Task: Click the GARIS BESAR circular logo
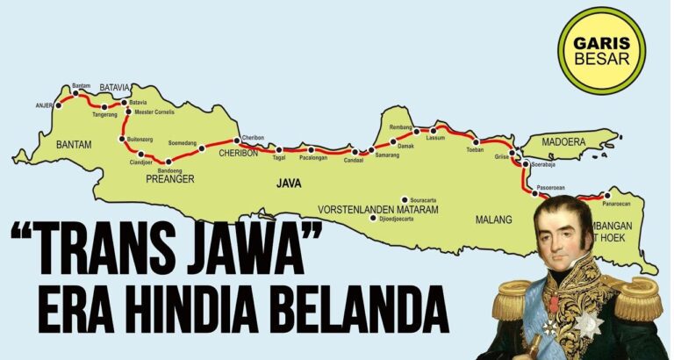click(602, 50)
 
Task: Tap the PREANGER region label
click(169, 179)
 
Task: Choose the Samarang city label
click(386, 155)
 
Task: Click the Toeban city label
click(475, 150)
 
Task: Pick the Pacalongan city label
click(313, 158)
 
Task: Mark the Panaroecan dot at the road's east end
click(607, 195)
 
